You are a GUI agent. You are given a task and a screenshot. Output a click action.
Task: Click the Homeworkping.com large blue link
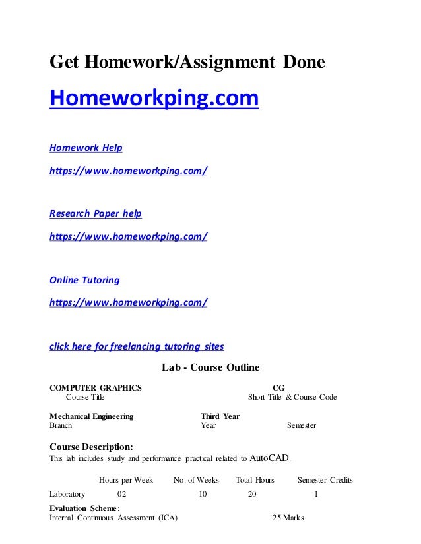point(154,99)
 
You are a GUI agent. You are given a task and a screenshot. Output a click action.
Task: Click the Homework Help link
point(86,147)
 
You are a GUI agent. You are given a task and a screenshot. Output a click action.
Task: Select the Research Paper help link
point(96,213)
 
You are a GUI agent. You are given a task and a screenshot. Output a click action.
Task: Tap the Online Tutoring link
point(85,280)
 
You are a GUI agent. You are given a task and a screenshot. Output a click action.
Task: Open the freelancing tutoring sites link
point(137,346)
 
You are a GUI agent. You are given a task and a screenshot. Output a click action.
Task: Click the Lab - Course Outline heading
point(210,367)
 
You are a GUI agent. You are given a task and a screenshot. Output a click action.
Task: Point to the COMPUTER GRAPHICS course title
point(96,388)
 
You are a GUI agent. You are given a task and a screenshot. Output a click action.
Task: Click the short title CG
point(278,388)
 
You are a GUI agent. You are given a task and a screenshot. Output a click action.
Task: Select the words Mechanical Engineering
point(92,416)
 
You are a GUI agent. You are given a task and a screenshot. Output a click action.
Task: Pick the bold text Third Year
point(220,416)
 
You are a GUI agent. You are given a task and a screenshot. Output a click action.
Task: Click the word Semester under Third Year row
point(302,426)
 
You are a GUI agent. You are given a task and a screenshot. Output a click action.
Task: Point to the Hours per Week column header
point(126,480)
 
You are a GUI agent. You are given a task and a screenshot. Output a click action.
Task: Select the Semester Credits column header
point(325,480)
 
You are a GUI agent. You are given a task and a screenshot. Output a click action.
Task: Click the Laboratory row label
point(68,493)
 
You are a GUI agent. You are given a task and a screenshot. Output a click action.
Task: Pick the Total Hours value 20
point(252,493)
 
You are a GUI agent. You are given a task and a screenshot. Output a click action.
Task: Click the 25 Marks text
point(288,518)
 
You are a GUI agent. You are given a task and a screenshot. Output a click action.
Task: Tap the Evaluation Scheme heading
point(85,508)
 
